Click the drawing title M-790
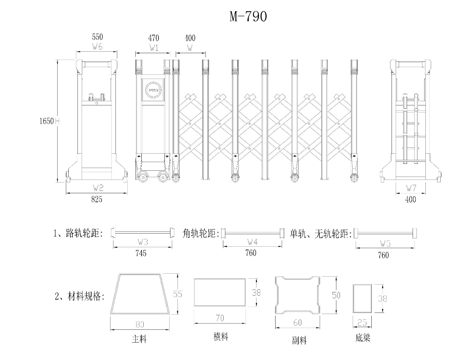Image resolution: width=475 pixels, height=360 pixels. click(x=248, y=17)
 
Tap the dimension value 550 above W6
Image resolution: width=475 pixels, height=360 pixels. click(x=97, y=37)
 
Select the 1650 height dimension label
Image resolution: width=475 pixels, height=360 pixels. click(x=47, y=121)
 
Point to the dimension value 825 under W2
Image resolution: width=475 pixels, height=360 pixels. click(x=97, y=199)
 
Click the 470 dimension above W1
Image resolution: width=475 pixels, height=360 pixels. click(x=153, y=38)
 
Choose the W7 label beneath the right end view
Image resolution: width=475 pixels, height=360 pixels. click(x=411, y=188)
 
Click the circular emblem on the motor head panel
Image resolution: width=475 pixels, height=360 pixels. click(x=153, y=90)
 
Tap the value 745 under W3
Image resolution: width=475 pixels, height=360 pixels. click(x=141, y=253)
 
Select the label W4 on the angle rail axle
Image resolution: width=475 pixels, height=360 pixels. click(x=252, y=242)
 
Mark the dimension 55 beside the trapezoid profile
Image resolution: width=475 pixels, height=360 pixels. click(x=178, y=294)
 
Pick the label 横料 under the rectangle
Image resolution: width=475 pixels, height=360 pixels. click(x=221, y=337)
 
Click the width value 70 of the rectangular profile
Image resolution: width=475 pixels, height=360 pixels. click(x=220, y=318)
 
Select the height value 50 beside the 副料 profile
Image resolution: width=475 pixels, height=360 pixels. click(x=336, y=295)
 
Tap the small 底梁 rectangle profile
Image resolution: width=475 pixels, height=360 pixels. click(x=362, y=298)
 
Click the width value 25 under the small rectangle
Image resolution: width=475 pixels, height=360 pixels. click(x=362, y=322)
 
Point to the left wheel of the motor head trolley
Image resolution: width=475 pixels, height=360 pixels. click(x=143, y=178)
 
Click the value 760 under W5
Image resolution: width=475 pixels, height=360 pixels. click(x=383, y=255)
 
